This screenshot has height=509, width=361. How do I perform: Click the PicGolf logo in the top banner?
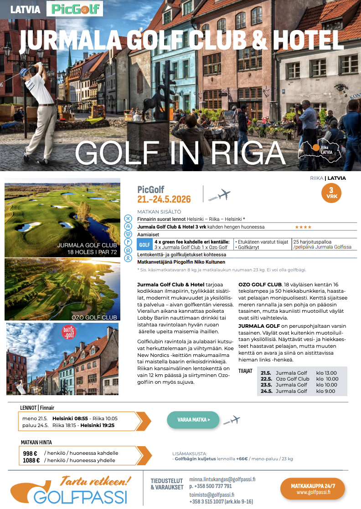tap(75, 9)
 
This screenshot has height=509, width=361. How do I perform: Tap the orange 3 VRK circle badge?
tap(331, 193)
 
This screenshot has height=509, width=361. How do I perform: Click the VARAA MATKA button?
tap(193, 420)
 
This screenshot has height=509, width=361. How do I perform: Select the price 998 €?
tap(31, 453)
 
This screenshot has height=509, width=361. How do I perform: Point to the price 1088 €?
tap(31, 460)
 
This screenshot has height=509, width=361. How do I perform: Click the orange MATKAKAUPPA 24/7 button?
tap(313, 489)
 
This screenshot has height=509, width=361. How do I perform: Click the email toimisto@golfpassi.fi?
tap(211, 494)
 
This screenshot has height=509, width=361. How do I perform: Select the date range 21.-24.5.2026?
tap(164, 199)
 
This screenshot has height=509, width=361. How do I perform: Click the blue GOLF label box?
tap(144, 244)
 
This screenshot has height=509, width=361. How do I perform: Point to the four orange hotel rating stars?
tap(303, 227)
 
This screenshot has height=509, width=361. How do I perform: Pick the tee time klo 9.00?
tap(326, 391)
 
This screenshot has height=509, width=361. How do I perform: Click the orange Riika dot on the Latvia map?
tap(315, 147)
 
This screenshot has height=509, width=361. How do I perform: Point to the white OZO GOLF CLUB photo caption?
tap(94, 317)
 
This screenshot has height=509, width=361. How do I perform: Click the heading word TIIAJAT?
tap(245, 371)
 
